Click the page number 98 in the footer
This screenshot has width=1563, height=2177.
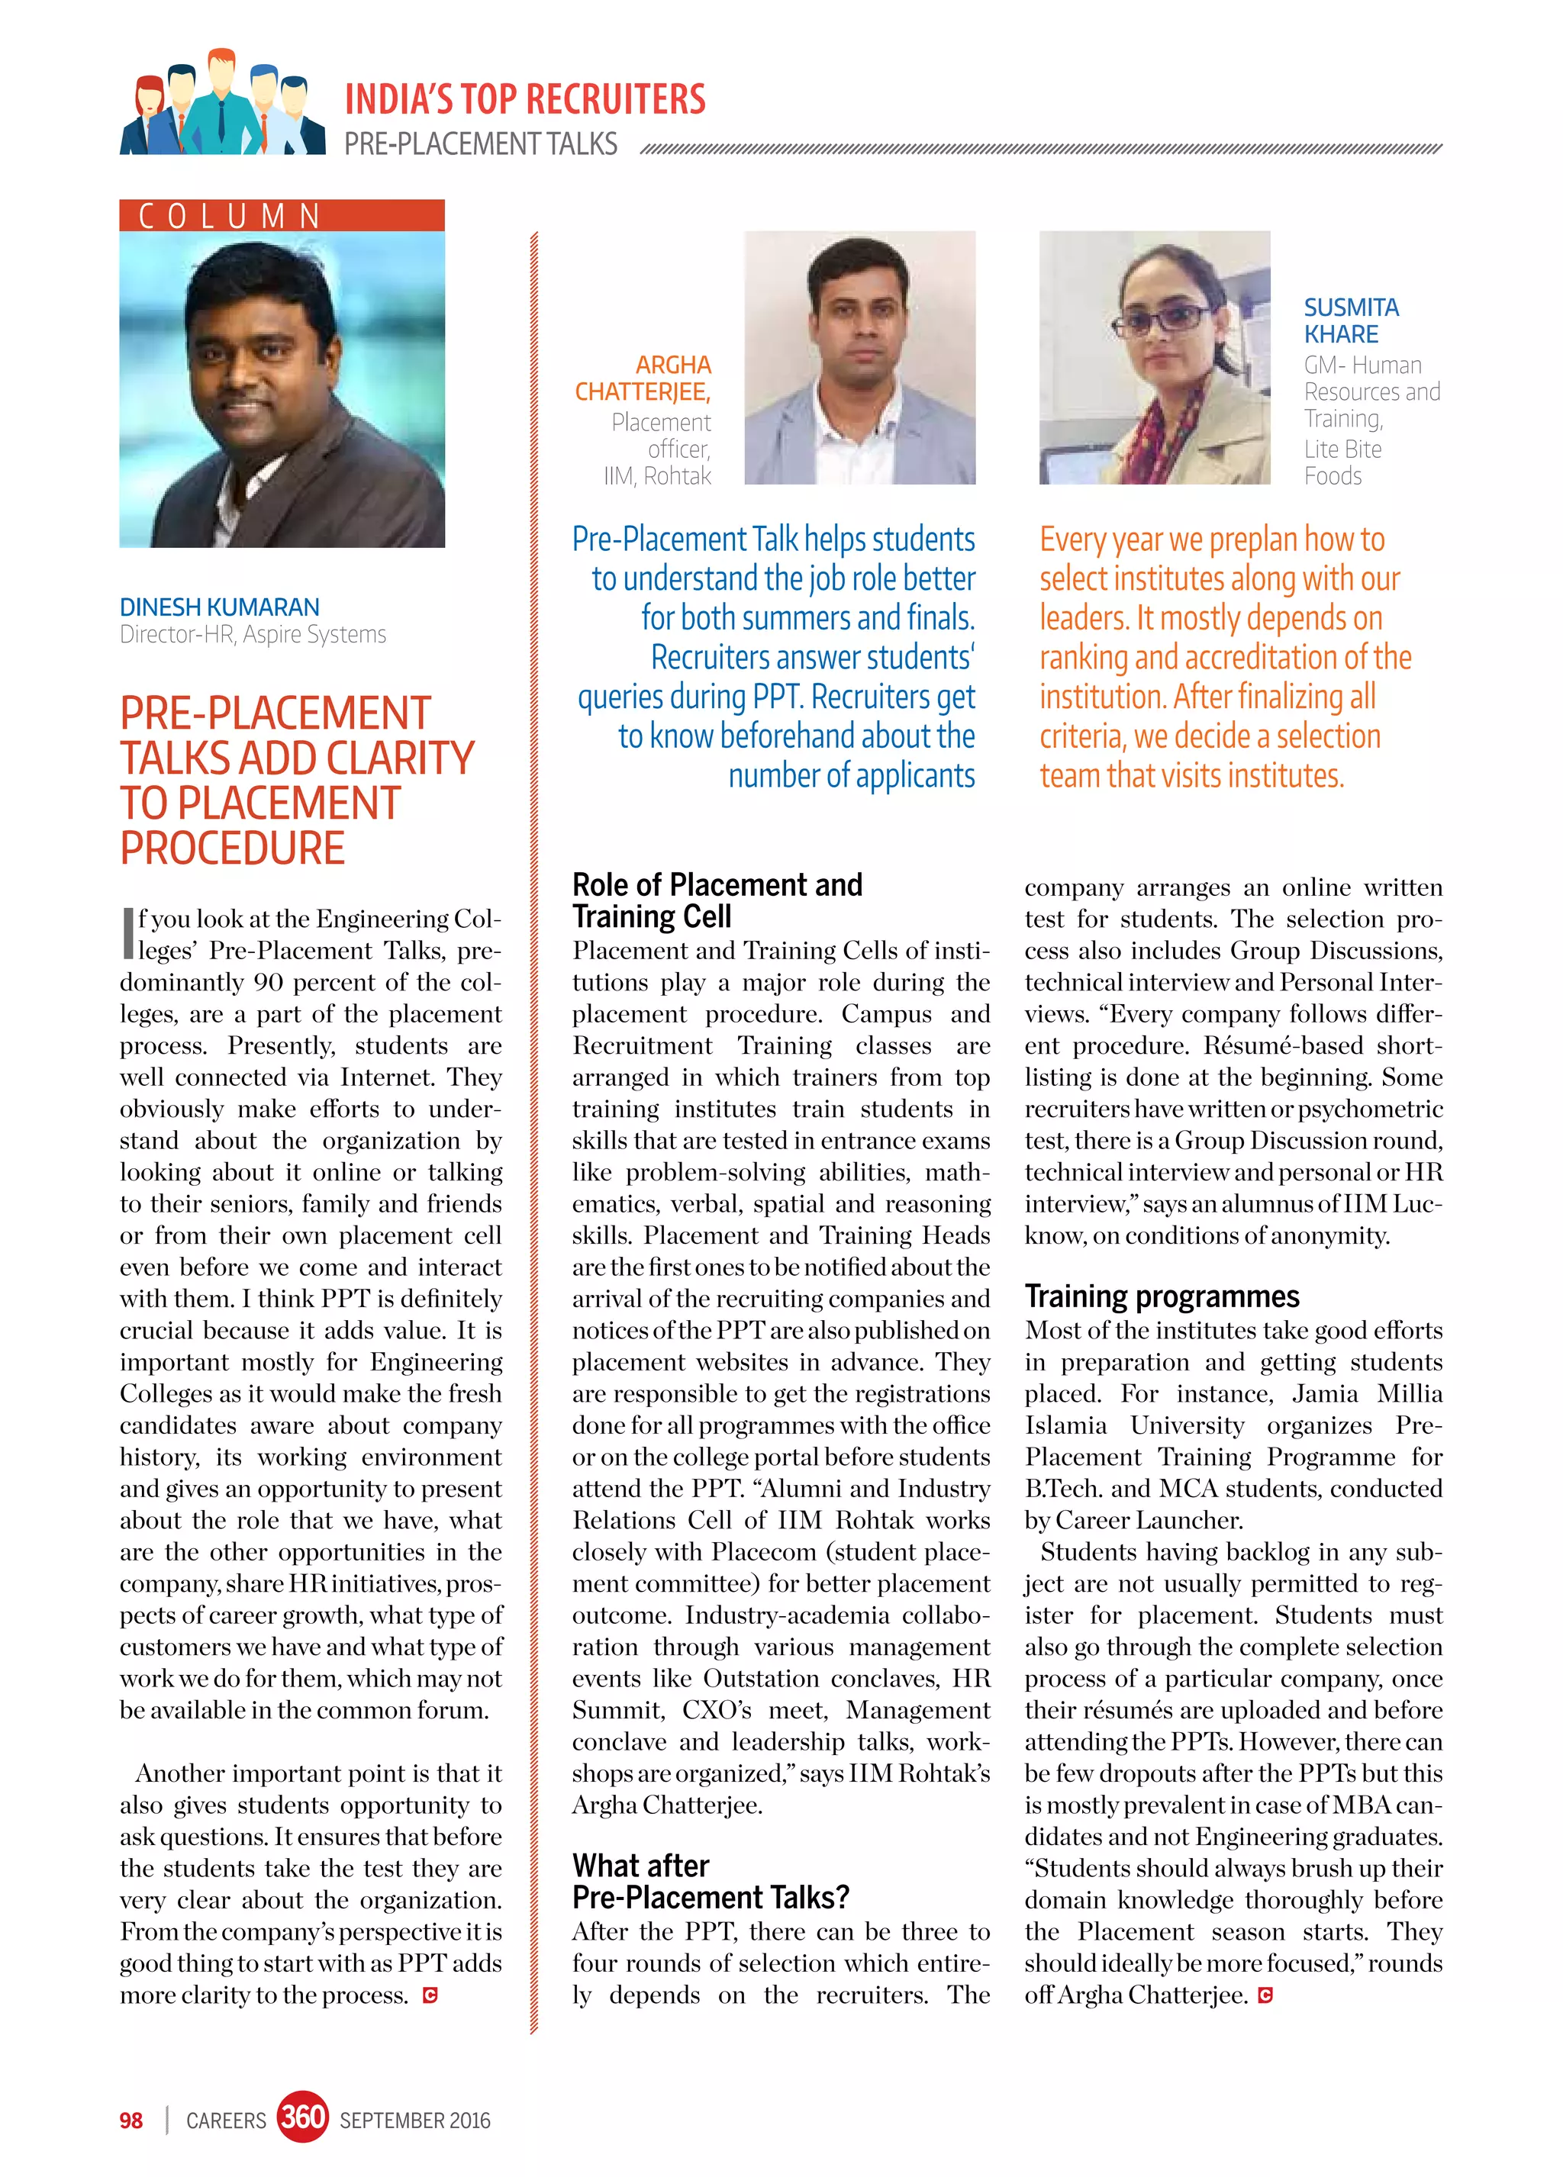coord(131,2121)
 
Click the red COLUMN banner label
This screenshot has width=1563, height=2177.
coord(282,216)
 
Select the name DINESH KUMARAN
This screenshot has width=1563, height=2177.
coord(219,607)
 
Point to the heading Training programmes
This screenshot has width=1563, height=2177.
coord(1161,1296)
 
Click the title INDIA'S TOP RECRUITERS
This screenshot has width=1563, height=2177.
coord(524,100)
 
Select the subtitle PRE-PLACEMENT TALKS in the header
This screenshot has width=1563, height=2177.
coord(480,145)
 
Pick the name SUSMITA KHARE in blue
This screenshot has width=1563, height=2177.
coord(1350,320)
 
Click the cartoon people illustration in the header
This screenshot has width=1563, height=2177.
coord(222,104)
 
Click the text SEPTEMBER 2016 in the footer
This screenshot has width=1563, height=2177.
coord(414,2121)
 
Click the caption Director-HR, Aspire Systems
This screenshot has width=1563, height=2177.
coord(253,634)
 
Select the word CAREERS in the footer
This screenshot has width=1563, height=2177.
coord(226,2121)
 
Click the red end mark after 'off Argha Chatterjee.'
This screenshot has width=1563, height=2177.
coord(1265,1995)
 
